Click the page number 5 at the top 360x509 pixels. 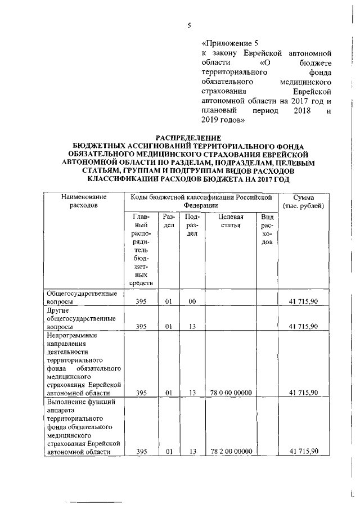(x=190, y=25)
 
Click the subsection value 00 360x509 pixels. (x=192, y=301)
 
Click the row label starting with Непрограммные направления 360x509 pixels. (x=84, y=363)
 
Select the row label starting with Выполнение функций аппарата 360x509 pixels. (x=84, y=426)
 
